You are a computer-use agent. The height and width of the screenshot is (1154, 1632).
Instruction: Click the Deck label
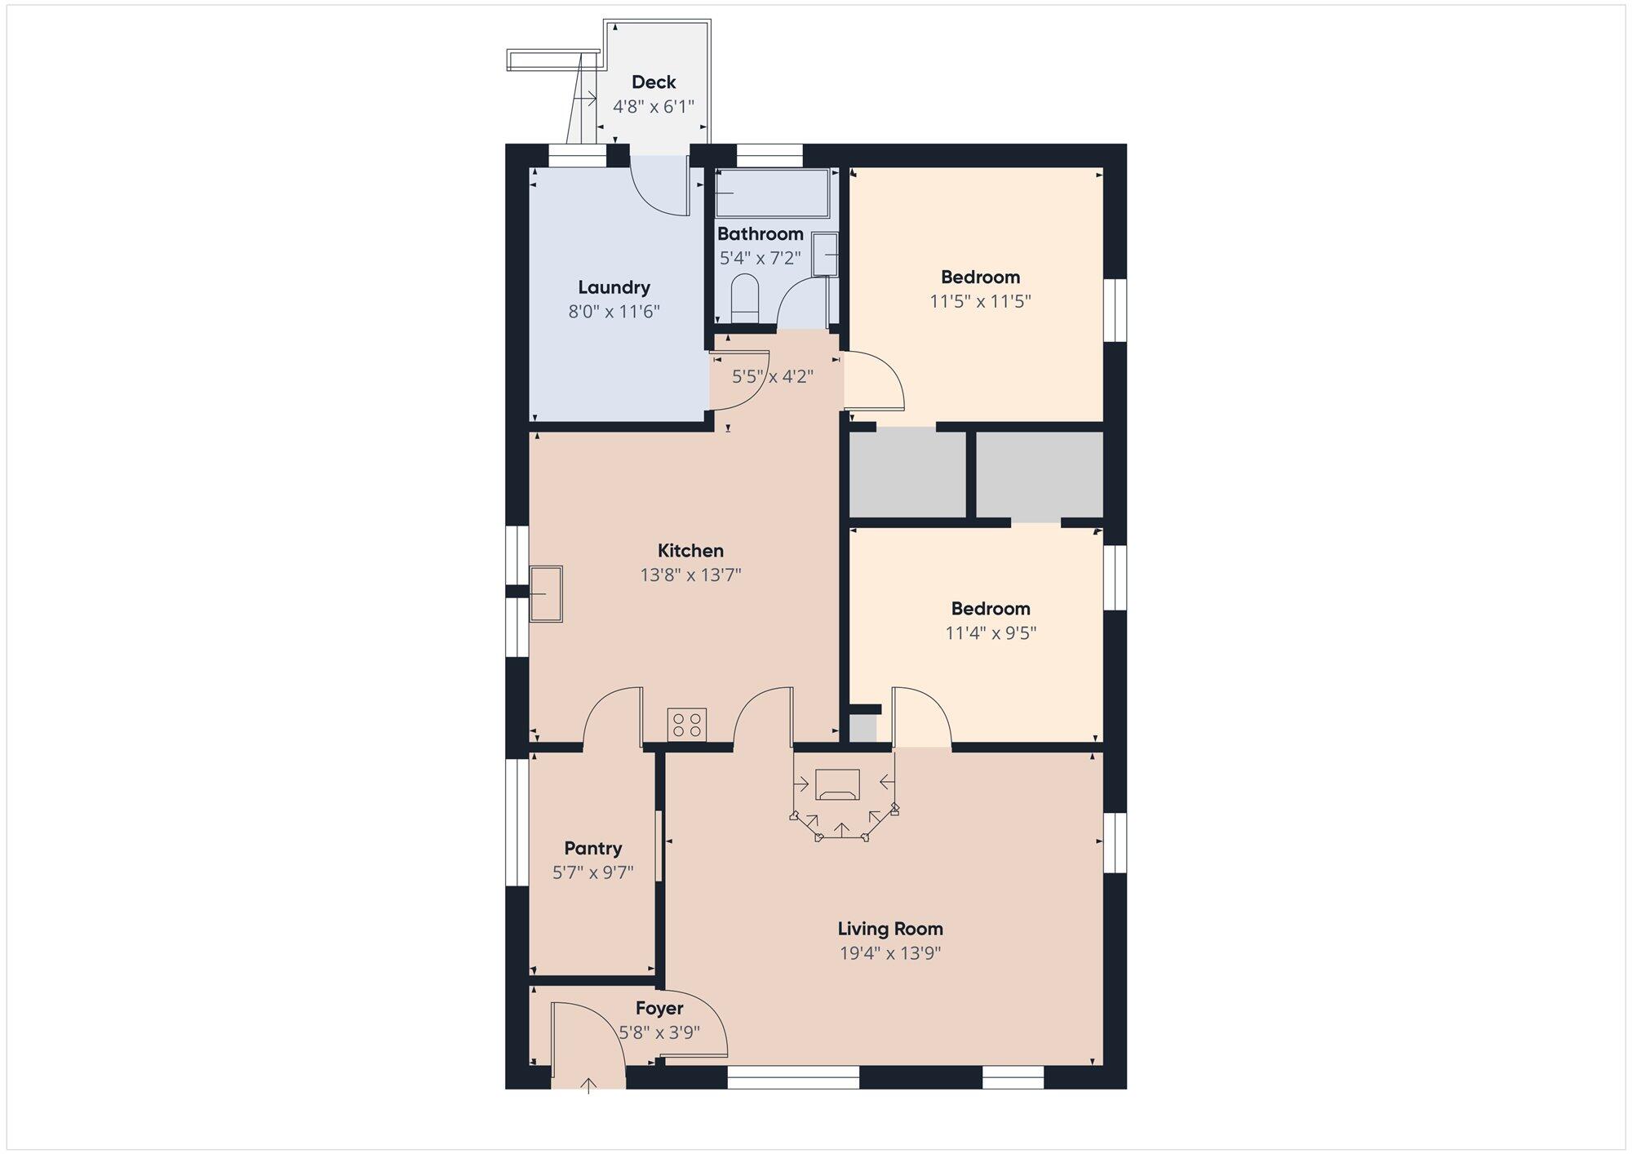654,82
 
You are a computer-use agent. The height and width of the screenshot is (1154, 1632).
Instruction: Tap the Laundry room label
614,287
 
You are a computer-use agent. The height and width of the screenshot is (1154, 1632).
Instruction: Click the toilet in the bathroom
743,299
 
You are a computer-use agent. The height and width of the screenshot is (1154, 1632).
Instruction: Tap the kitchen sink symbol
546,594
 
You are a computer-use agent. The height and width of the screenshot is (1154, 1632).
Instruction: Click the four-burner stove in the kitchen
687,725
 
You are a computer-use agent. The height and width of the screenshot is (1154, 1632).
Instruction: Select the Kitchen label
690,551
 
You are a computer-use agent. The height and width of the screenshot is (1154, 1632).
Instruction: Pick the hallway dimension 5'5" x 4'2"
772,377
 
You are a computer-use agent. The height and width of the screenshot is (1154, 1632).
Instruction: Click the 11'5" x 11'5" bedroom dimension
980,301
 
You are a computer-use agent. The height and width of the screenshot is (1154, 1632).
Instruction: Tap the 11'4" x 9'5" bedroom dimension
991,633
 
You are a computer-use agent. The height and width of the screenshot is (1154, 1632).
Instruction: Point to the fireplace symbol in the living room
837,785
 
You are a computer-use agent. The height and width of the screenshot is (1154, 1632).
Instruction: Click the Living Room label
890,929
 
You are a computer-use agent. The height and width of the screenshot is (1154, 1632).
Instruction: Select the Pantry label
593,849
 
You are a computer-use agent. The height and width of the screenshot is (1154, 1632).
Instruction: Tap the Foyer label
659,1009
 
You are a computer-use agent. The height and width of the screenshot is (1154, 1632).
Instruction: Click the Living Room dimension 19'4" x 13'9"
890,953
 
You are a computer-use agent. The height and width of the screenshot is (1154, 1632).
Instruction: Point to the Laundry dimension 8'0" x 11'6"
614,312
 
